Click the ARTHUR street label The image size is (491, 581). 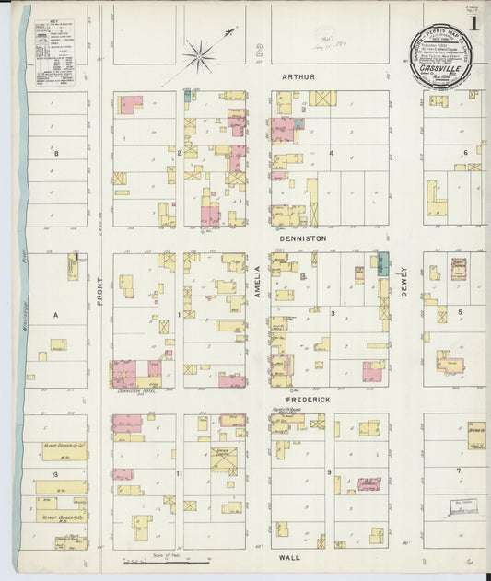[300, 76]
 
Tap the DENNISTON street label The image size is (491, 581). [300, 237]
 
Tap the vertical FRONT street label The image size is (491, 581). [99, 316]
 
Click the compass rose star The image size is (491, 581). [199, 56]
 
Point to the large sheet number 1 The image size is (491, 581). [473, 20]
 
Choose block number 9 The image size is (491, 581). [328, 471]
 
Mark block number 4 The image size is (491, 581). [332, 153]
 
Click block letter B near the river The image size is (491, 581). [55, 153]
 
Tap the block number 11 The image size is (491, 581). [179, 473]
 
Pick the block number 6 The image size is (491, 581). [466, 152]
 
